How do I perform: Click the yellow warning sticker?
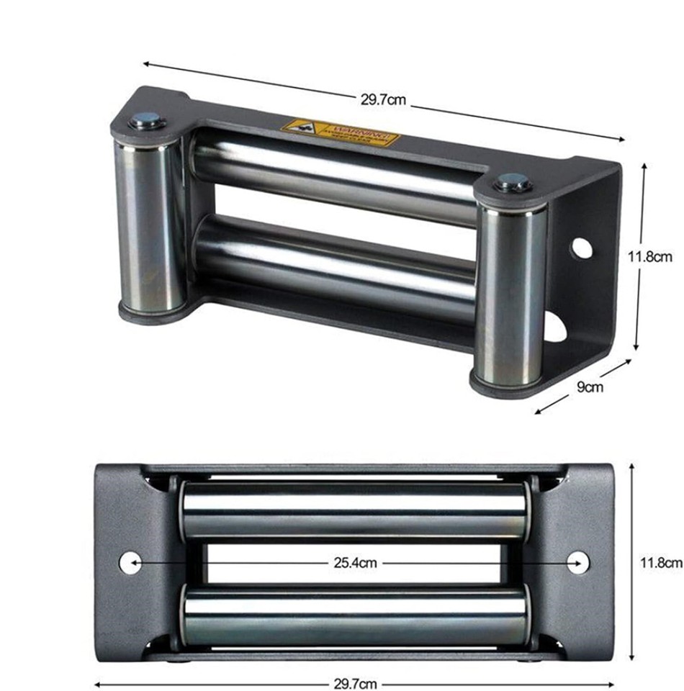[x=340, y=132]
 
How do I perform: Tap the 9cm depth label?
[x=590, y=387]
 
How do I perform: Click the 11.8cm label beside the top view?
[x=649, y=256]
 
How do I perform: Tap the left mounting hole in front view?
[x=130, y=562]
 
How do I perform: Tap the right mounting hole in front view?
[x=578, y=562]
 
